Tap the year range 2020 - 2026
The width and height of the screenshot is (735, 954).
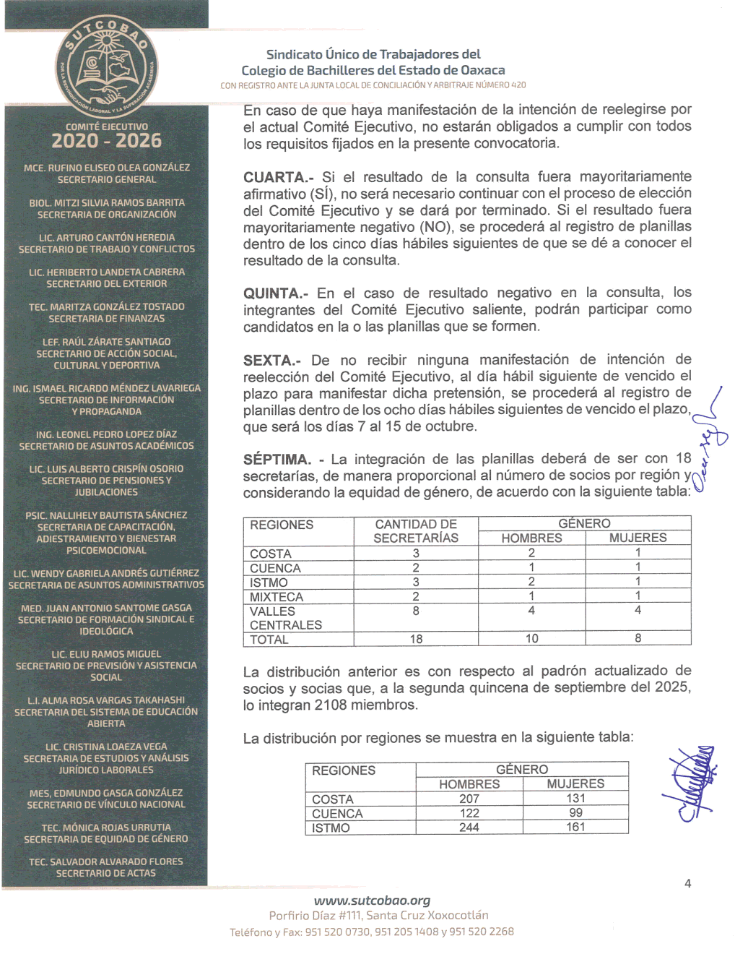(106, 141)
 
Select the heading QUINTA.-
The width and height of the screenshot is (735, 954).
(276, 293)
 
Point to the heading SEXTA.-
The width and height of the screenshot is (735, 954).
(271, 360)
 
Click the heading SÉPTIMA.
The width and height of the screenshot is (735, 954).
(277, 460)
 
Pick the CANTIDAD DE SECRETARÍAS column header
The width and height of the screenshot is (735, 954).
(416, 531)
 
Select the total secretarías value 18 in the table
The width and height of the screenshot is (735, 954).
(416, 639)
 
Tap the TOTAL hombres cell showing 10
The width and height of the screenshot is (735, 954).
(531, 638)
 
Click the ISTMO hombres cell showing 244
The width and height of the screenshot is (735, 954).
(469, 828)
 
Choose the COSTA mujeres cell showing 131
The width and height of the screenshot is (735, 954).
(575, 799)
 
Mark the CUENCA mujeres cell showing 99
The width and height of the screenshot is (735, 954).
(575, 813)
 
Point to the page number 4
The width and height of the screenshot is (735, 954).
(687, 883)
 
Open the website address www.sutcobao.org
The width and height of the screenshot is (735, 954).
(372, 901)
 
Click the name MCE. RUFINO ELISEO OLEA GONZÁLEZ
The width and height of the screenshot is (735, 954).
(106, 168)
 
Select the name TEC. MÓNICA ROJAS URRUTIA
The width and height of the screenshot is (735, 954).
(106, 828)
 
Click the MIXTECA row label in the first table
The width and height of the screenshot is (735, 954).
(277, 597)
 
